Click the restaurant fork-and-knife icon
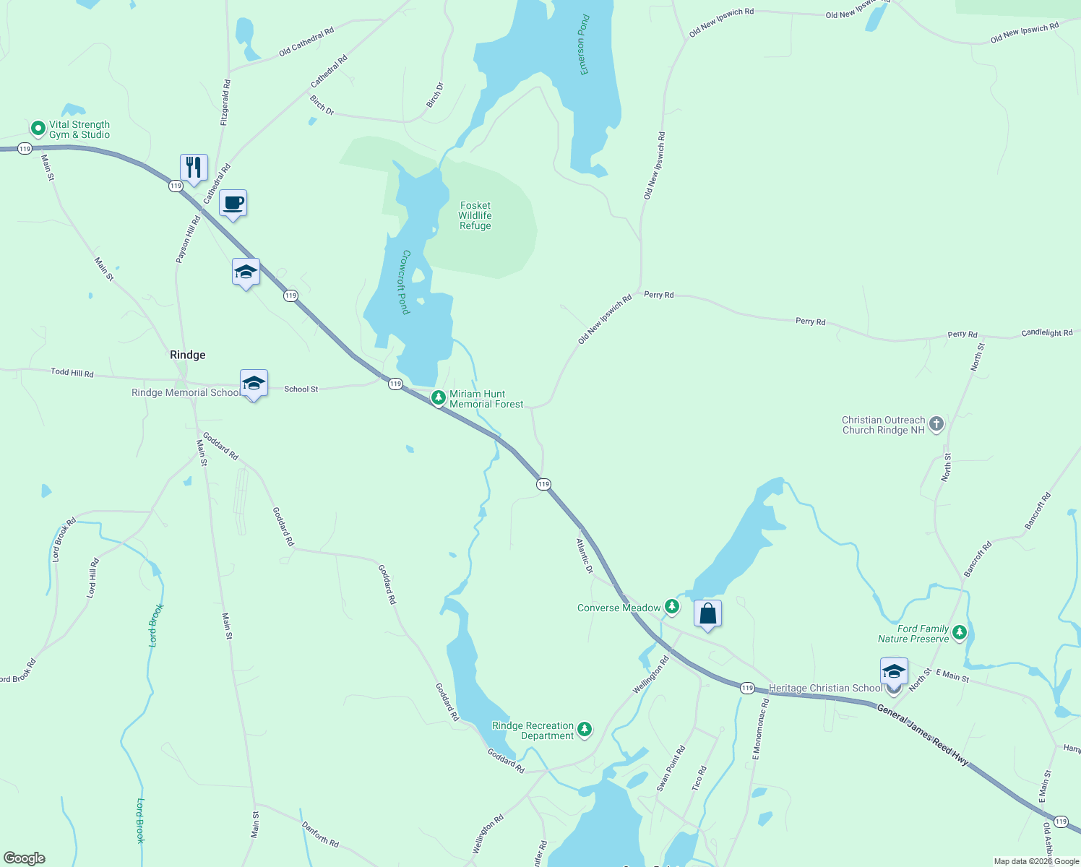(x=194, y=168)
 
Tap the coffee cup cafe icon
(x=233, y=203)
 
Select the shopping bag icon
(x=707, y=613)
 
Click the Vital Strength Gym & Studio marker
(x=38, y=129)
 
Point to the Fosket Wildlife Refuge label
(x=475, y=215)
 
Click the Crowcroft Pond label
(x=405, y=282)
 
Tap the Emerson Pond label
(x=585, y=45)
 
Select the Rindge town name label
(x=187, y=355)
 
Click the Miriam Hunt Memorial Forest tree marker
(x=438, y=397)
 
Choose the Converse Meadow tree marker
(x=672, y=606)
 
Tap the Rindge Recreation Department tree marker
(x=585, y=729)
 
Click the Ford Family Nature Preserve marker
(x=959, y=633)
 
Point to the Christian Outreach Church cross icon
(x=936, y=424)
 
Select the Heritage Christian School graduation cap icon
(x=894, y=672)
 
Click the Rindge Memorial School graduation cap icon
(x=254, y=383)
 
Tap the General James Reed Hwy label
(x=922, y=735)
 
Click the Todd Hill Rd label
(x=72, y=373)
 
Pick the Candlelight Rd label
(x=1046, y=333)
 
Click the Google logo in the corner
(x=25, y=858)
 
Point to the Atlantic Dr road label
(x=585, y=556)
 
